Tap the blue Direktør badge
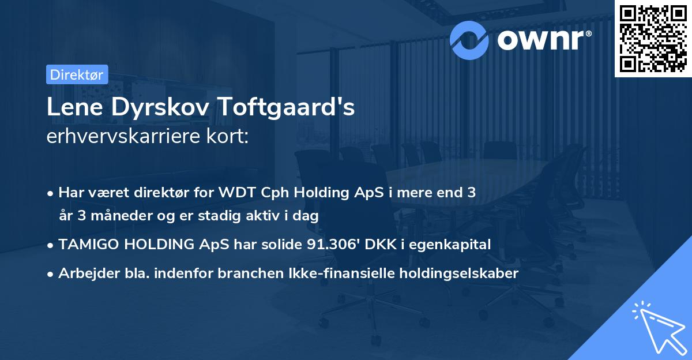[x=77, y=74]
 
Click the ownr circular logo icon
[x=469, y=39]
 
